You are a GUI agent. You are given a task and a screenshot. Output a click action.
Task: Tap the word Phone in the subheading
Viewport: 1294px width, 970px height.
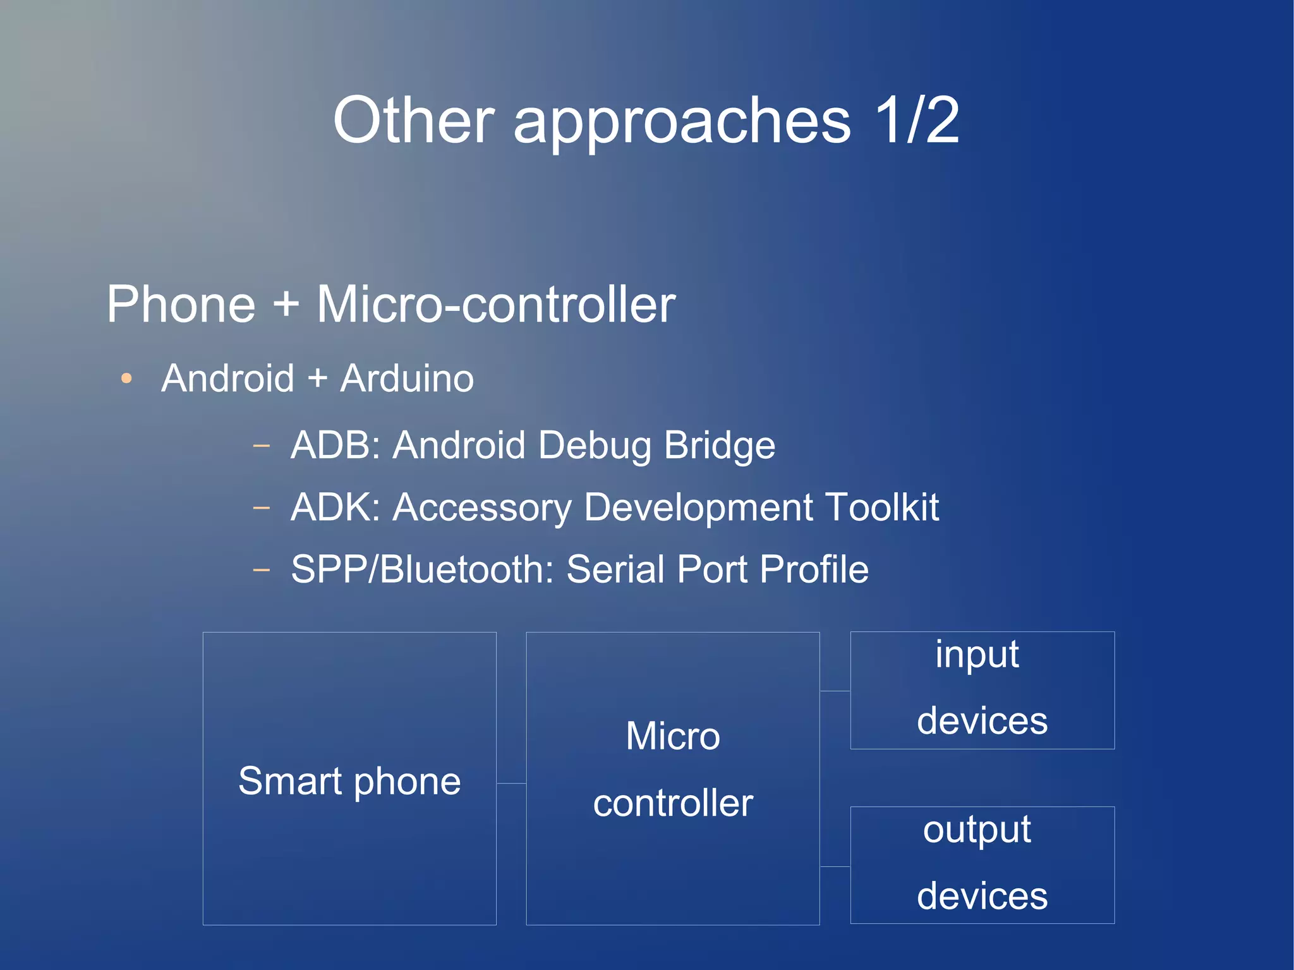click(x=181, y=305)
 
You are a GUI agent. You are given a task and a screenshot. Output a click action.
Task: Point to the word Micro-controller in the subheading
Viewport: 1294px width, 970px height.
click(x=496, y=305)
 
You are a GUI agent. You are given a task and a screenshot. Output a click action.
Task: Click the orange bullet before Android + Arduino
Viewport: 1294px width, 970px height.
click(x=126, y=379)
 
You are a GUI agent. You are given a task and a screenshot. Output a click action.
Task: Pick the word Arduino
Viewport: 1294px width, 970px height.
click(x=407, y=379)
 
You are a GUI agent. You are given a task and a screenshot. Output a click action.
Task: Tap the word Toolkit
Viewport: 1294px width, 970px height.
click(x=882, y=507)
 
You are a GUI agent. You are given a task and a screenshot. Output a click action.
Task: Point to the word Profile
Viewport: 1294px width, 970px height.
click(x=814, y=569)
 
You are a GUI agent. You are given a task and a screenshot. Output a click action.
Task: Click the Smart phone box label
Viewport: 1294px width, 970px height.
click(x=349, y=781)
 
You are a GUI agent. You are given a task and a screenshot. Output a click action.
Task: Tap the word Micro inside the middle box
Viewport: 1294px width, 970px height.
click(x=673, y=736)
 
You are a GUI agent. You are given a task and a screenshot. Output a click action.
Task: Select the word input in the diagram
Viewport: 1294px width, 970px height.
click(x=977, y=655)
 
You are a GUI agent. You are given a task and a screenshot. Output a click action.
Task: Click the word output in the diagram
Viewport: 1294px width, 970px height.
click(x=977, y=830)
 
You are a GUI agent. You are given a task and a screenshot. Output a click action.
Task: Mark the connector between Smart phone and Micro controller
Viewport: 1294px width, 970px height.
click(x=511, y=783)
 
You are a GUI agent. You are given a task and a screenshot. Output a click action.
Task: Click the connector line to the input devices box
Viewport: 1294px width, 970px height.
click(x=835, y=691)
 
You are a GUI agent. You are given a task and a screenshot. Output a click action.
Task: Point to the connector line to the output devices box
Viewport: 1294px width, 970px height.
click(x=835, y=866)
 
